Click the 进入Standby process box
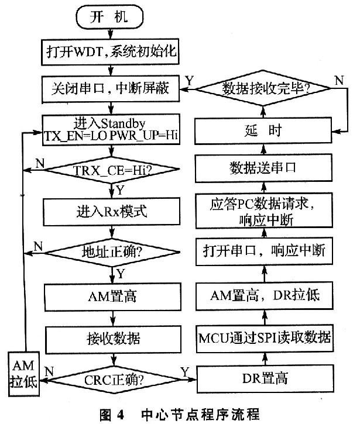tap(109, 130)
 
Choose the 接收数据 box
tap(110, 337)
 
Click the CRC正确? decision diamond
tap(110, 378)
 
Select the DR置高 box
tap(266, 378)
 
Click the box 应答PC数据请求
tap(266, 209)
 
